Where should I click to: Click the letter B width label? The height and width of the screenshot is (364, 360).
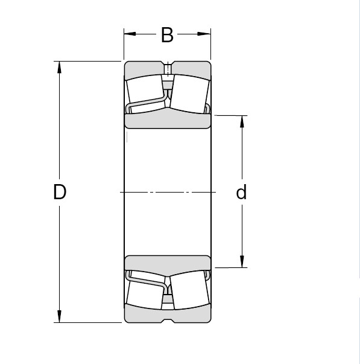pos(167,36)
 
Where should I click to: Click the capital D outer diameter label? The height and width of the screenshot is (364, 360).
pos(59,192)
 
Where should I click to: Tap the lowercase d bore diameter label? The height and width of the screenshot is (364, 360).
pos(241,192)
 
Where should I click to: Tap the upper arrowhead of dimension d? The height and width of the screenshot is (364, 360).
pos(242,120)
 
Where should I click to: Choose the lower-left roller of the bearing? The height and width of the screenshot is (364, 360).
pos(145,294)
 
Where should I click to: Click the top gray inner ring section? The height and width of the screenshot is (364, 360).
pos(167,120)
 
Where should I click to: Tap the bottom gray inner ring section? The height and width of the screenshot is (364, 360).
pos(167,263)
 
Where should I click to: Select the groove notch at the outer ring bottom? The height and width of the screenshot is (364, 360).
pos(168,321)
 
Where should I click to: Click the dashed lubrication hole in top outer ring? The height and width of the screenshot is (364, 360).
pos(168,70)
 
